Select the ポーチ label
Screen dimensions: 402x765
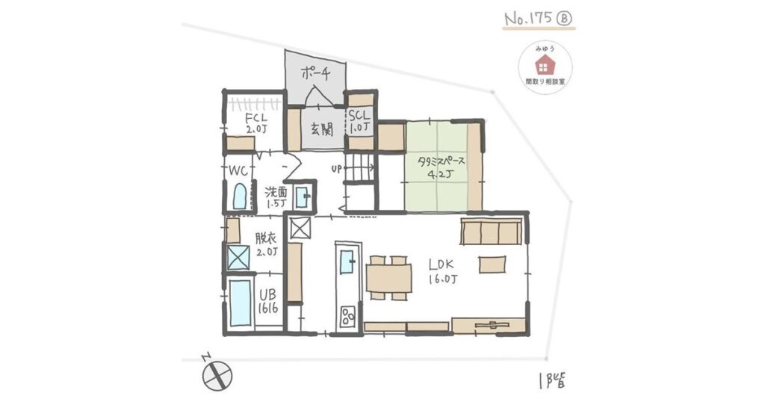[316, 73]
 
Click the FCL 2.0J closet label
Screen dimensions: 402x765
[252, 121]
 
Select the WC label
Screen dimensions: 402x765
[238, 170]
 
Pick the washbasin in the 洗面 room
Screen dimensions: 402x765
[303, 197]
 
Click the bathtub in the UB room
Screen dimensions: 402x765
[240, 303]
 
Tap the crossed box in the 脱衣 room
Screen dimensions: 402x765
[238, 258]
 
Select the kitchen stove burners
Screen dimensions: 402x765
[348, 315]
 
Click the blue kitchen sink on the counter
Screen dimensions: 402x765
[348, 262]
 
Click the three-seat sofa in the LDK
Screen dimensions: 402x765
[491, 232]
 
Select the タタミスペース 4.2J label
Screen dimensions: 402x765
[441, 167]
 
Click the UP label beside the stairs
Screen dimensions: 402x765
[337, 169]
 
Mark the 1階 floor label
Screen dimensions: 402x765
[553, 378]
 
